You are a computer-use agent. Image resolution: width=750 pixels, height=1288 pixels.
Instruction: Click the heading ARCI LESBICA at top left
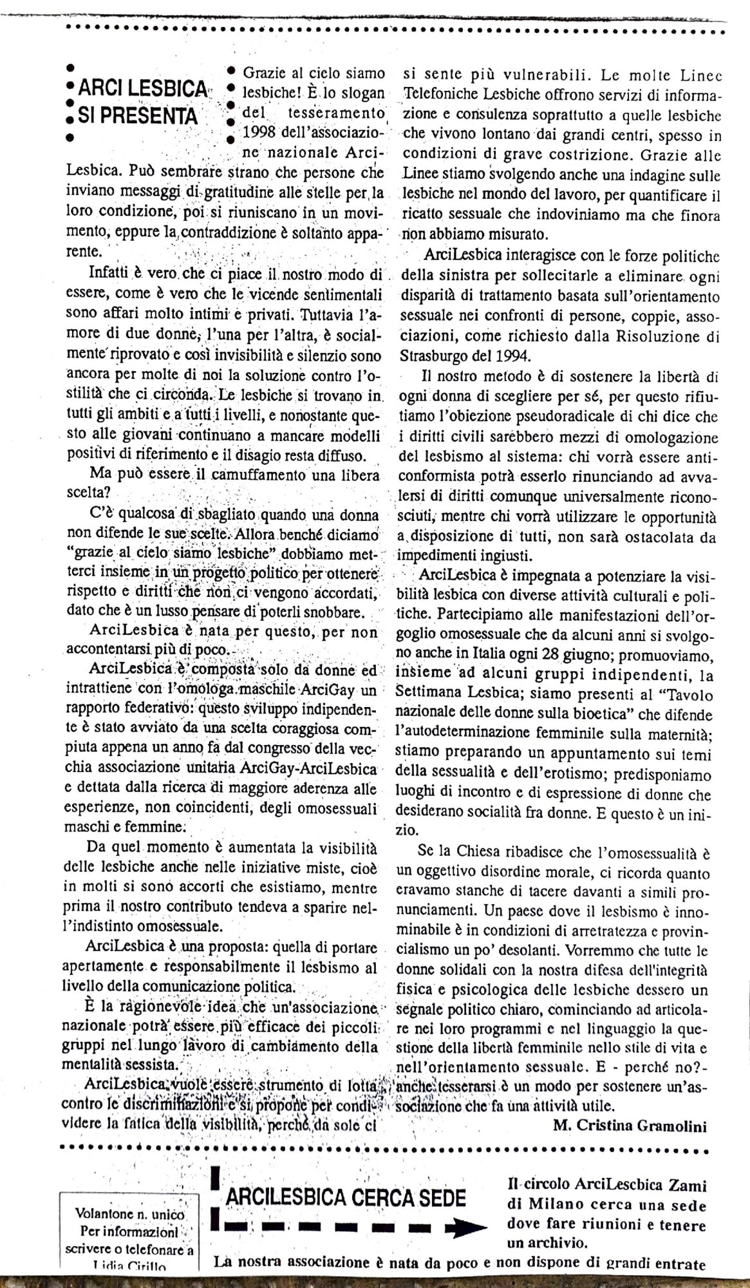coord(143,91)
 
